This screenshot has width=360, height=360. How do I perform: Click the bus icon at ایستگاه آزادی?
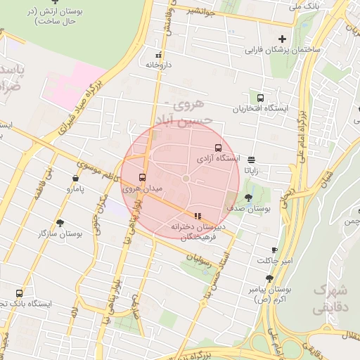[217, 148]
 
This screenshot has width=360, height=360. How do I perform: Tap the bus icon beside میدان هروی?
[143, 177]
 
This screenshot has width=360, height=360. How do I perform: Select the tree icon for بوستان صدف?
[248, 198]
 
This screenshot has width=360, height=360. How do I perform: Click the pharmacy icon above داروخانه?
[158, 53]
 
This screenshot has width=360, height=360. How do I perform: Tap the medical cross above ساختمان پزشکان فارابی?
[283, 39]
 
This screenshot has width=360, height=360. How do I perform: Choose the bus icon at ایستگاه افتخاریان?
[261, 98]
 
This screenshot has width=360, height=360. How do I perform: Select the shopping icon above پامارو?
[75, 179]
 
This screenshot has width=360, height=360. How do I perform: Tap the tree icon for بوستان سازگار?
[61, 221]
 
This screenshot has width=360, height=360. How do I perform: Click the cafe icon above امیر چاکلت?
[274, 250]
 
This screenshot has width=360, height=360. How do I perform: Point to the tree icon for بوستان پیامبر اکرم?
[269, 278]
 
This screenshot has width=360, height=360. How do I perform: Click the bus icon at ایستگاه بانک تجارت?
[19, 293]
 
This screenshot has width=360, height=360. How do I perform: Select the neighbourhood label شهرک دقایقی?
[330, 298]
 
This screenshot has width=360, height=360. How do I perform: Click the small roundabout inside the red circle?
[186, 179]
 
